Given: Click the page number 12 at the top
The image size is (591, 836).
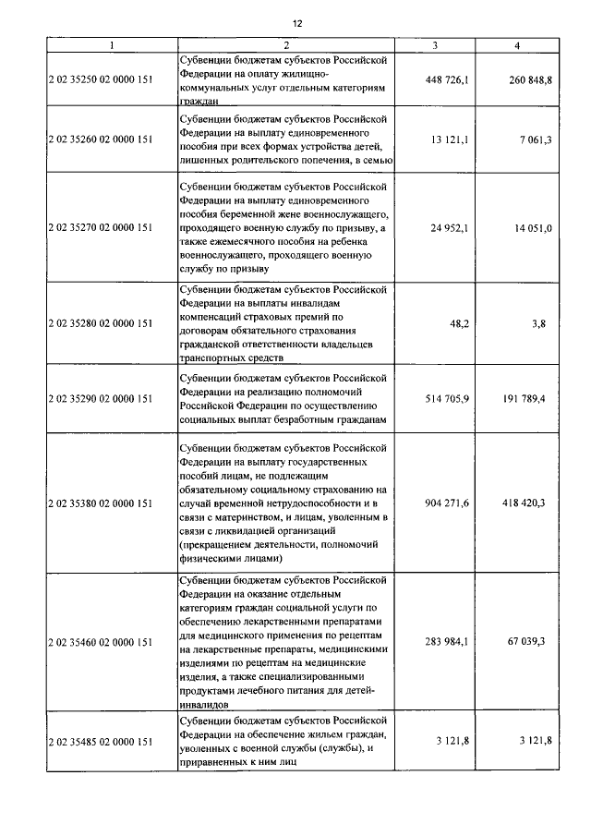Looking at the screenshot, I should [x=296, y=22].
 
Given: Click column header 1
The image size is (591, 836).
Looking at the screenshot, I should [x=111, y=45].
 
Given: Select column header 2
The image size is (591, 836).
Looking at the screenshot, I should [x=286, y=45].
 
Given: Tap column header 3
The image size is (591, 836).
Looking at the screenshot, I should [x=434, y=45].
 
